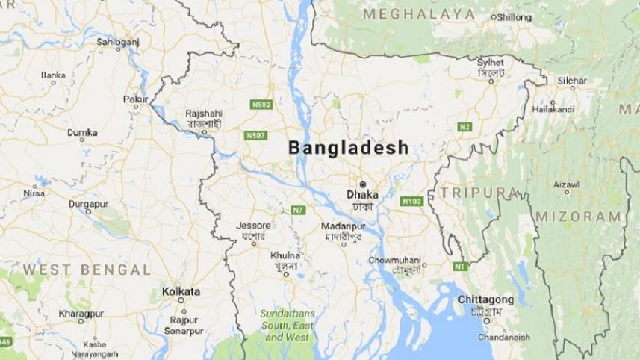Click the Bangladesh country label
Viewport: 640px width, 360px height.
[349, 147]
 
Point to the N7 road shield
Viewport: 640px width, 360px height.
[298, 210]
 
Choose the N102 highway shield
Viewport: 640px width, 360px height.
[411, 201]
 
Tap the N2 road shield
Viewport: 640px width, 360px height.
[465, 127]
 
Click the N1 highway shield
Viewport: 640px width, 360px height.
[459, 266]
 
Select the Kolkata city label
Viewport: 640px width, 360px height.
[181, 291]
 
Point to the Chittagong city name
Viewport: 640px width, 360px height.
[485, 299]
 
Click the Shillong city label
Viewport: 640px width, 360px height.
[514, 16]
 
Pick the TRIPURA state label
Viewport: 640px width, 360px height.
[479, 192]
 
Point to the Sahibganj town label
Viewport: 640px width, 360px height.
[118, 43]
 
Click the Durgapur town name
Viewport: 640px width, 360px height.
[89, 203]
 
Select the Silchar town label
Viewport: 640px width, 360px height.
[571, 80]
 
